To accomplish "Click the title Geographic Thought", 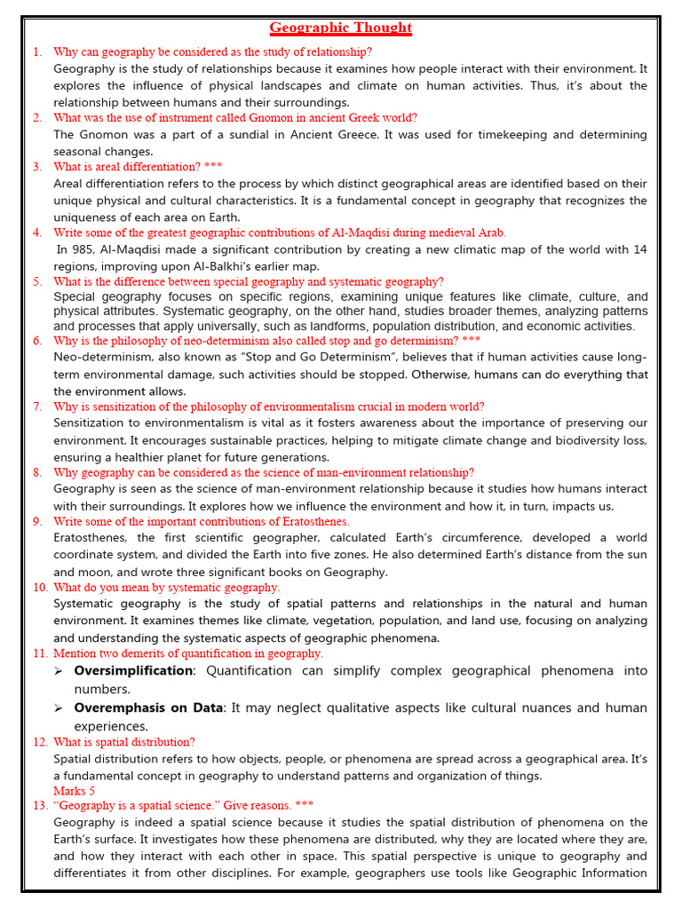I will click(341, 28).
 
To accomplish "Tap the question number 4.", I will click(37, 233).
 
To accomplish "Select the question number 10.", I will click(40, 588).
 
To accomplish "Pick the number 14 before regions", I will click(639, 249).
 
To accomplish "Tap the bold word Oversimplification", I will click(133, 671).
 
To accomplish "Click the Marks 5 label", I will click(74, 791).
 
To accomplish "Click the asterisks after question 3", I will click(213, 167).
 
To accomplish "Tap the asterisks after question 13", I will click(305, 806).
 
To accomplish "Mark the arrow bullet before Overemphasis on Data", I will click(59, 708).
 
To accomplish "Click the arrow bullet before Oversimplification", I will click(59, 671).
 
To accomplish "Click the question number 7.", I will click(37, 407).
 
